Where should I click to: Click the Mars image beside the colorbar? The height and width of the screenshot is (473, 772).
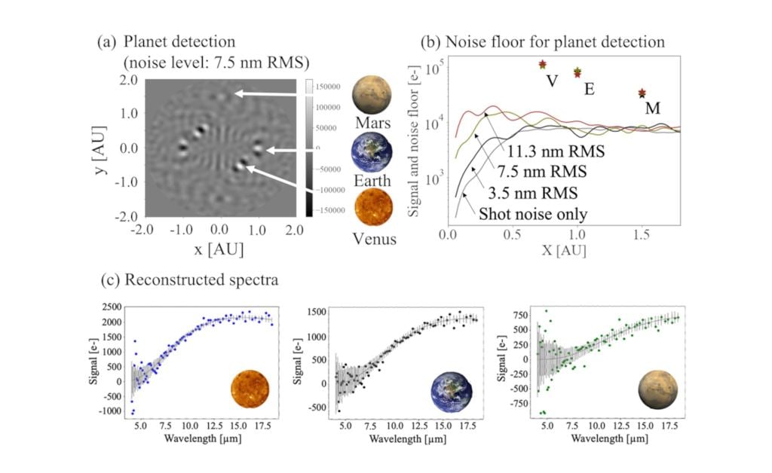point(372,95)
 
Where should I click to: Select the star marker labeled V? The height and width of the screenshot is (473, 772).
point(542,65)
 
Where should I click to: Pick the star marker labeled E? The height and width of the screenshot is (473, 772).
point(577,72)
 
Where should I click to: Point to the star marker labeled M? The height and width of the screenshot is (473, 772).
point(642,93)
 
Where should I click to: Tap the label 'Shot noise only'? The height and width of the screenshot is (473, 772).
point(532,214)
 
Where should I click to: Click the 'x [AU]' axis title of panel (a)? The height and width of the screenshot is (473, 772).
point(219,247)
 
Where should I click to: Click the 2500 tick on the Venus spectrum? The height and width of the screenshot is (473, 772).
point(113,308)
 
